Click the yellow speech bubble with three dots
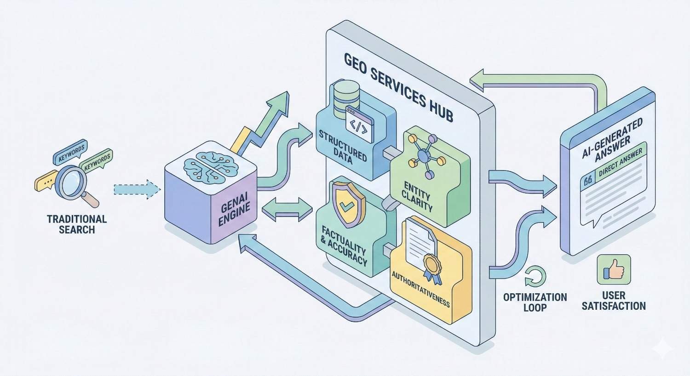(x=45, y=182)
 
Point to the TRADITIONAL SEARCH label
(x=77, y=224)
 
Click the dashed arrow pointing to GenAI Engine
(x=135, y=189)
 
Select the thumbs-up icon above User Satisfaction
(x=613, y=270)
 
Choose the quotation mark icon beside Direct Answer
(x=587, y=181)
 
